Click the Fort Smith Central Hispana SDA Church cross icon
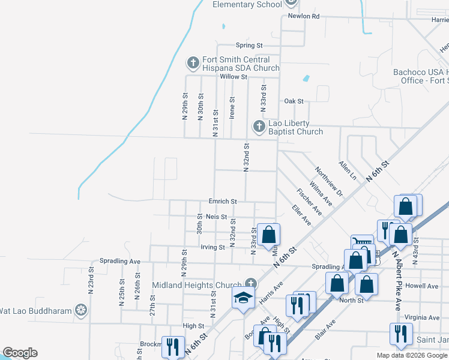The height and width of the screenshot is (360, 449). pyautogui.click(x=193, y=62)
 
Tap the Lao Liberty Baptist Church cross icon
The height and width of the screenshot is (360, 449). pyautogui.click(x=259, y=127)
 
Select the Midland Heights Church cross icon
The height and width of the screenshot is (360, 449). pyautogui.click(x=251, y=283)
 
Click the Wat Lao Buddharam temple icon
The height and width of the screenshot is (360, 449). pyautogui.click(x=81, y=311)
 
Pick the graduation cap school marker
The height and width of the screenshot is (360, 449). pyautogui.click(x=243, y=298)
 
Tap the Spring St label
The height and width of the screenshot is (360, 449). pyautogui.click(x=249, y=45)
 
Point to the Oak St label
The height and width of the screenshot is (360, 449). pyautogui.click(x=294, y=101)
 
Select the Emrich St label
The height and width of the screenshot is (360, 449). pyautogui.click(x=223, y=201)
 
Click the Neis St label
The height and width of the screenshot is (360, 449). pyautogui.click(x=216, y=217)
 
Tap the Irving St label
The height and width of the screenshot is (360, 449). pyautogui.click(x=212, y=247)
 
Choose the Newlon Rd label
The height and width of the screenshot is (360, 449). pyautogui.click(x=303, y=16)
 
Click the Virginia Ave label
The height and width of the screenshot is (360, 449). pyautogui.click(x=422, y=317)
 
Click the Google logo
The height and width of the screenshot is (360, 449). pyautogui.click(x=20, y=353)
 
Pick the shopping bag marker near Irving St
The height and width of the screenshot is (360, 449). pyautogui.click(x=268, y=234)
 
